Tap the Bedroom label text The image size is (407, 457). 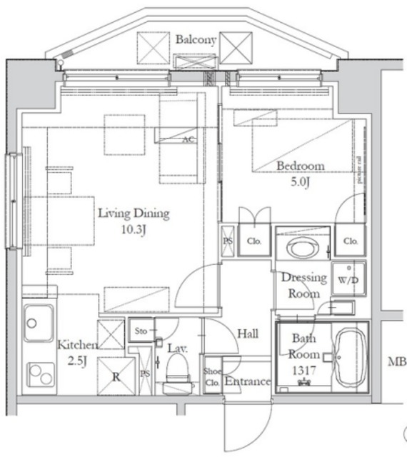tap(301, 166)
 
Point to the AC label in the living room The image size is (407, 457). tap(189, 139)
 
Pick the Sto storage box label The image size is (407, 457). tap(141, 331)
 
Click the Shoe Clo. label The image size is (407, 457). tap(212, 376)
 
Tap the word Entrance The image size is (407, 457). tap(248, 382)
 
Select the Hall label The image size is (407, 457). tap(248, 333)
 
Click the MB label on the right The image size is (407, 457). tap(396, 362)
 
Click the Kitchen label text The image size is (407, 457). tap(78, 345)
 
